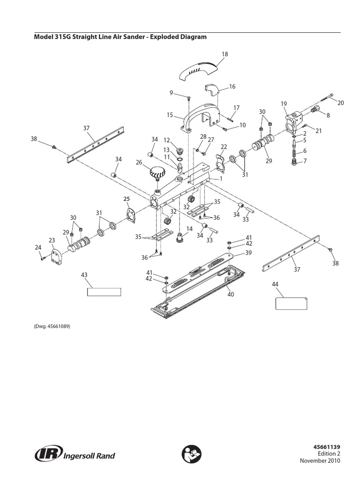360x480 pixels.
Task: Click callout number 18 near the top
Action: (225, 54)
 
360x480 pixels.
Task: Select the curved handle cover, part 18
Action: (198, 72)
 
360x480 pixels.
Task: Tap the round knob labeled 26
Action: (158, 174)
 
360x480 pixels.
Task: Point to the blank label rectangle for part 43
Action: (104, 292)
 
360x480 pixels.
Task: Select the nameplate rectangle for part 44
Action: (291, 304)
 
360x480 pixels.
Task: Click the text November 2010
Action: (320, 461)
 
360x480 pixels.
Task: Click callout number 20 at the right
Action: (341, 103)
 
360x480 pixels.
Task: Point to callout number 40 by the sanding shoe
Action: (230, 294)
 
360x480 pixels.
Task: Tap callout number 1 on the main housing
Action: (220, 179)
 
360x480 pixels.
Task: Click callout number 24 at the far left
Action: (38, 247)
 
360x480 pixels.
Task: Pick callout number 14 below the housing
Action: (189, 229)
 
